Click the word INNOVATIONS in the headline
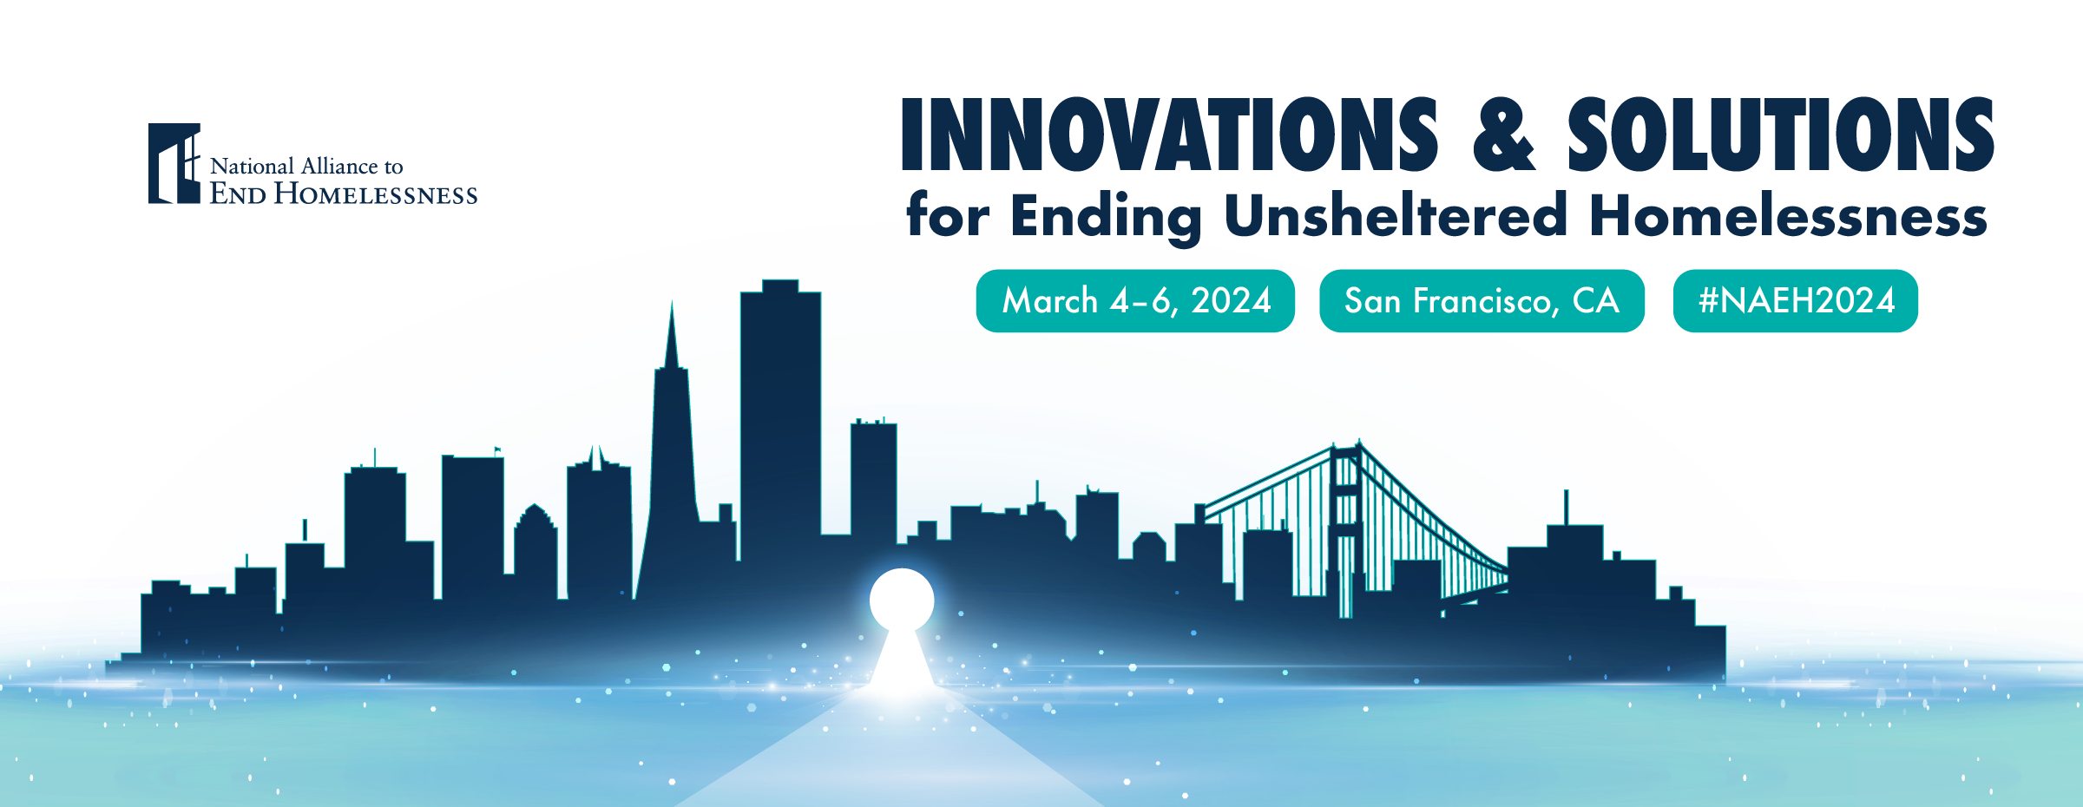[x=1168, y=134]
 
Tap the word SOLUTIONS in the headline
[x=1779, y=134]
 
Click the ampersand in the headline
[x=1503, y=136]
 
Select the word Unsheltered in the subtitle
[x=1396, y=215]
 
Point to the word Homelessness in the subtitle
[x=1788, y=215]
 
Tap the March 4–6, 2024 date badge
[x=1135, y=301]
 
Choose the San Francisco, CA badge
[x=1482, y=301]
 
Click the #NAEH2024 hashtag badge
[x=1795, y=301]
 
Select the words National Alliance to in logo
[x=306, y=166]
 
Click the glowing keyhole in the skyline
[x=902, y=607]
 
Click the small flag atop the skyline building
[x=497, y=450]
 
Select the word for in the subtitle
[x=947, y=215]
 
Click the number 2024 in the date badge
[x=1231, y=301]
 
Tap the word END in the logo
[x=238, y=194]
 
